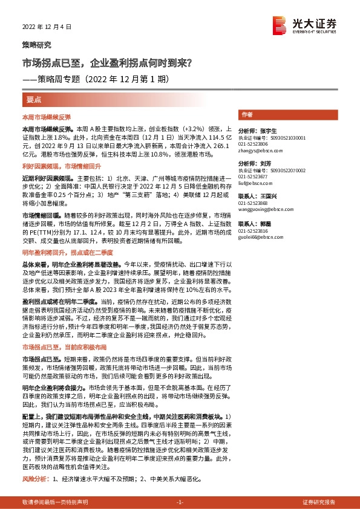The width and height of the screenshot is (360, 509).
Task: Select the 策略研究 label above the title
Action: pos(37,45)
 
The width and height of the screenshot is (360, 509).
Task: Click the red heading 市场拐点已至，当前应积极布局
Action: pos(64,348)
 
